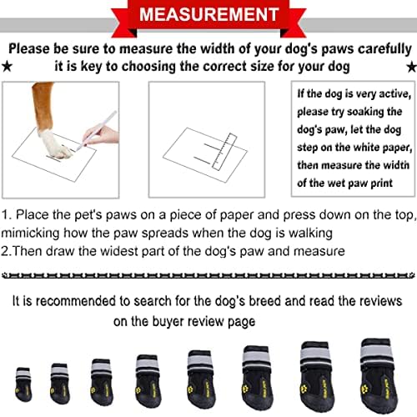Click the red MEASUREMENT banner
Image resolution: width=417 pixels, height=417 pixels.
coord(208,15)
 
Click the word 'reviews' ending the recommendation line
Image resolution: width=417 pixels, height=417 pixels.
coord(377,299)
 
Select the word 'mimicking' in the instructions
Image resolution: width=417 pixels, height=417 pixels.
coord(33,232)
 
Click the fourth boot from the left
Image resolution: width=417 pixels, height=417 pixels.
coord(147,370)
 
